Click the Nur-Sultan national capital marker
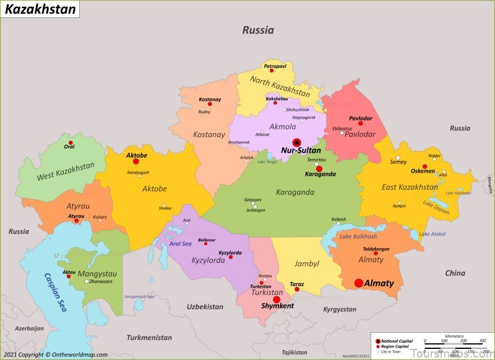click(x=297, y=142)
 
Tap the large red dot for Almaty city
click(x=359, y=283)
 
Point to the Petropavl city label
click(x=275, y=66)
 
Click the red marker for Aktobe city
click(x=136, y=161)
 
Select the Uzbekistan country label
click(x=205, y=307)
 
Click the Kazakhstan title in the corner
click(x=41, y=9)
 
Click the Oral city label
click(x=69, y=147)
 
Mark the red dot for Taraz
click(x=297, y=289)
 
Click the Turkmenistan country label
click(x=149, y=338)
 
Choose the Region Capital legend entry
click(x=395, y=346)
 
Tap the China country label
click(x=455, y=273)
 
